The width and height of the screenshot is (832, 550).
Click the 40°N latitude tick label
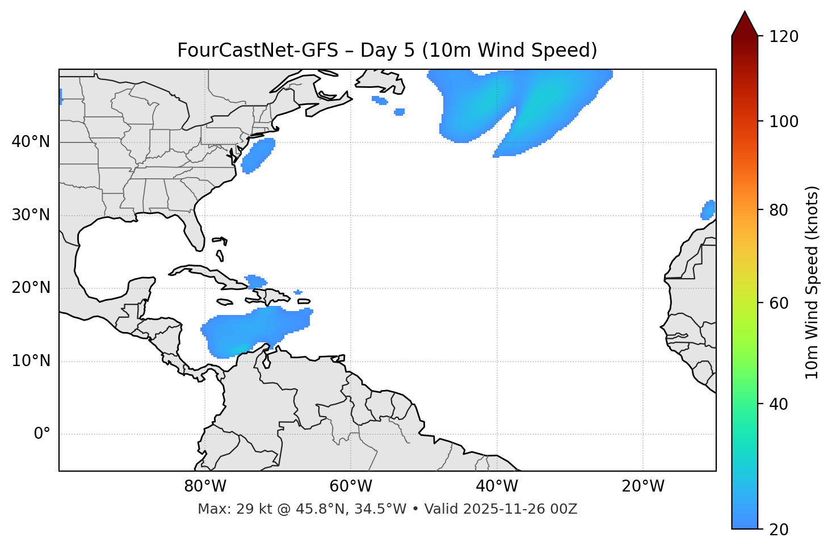tap(31, 142)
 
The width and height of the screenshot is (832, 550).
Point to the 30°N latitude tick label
tap(31, 215)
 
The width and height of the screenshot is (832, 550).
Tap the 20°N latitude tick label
tap(31, 288)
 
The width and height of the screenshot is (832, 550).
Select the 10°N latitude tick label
tap(31, 361)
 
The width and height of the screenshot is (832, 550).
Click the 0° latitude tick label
tap(41, 434)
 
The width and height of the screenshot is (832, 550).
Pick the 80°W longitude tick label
tap(205, 486)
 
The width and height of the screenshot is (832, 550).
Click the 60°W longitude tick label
tap(351, 486)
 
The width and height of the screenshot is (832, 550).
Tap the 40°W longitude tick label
tap(497, 486)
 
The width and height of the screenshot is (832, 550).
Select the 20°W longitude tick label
tap(643, 486)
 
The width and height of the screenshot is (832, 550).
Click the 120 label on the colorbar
tap(784, 37)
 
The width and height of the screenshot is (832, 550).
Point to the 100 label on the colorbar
tap(784, 121)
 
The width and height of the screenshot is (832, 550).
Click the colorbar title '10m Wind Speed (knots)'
tap(812, 282)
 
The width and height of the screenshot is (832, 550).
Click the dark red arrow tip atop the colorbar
tap(745, 23)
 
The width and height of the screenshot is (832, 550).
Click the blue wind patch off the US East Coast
tap(258, 155)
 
